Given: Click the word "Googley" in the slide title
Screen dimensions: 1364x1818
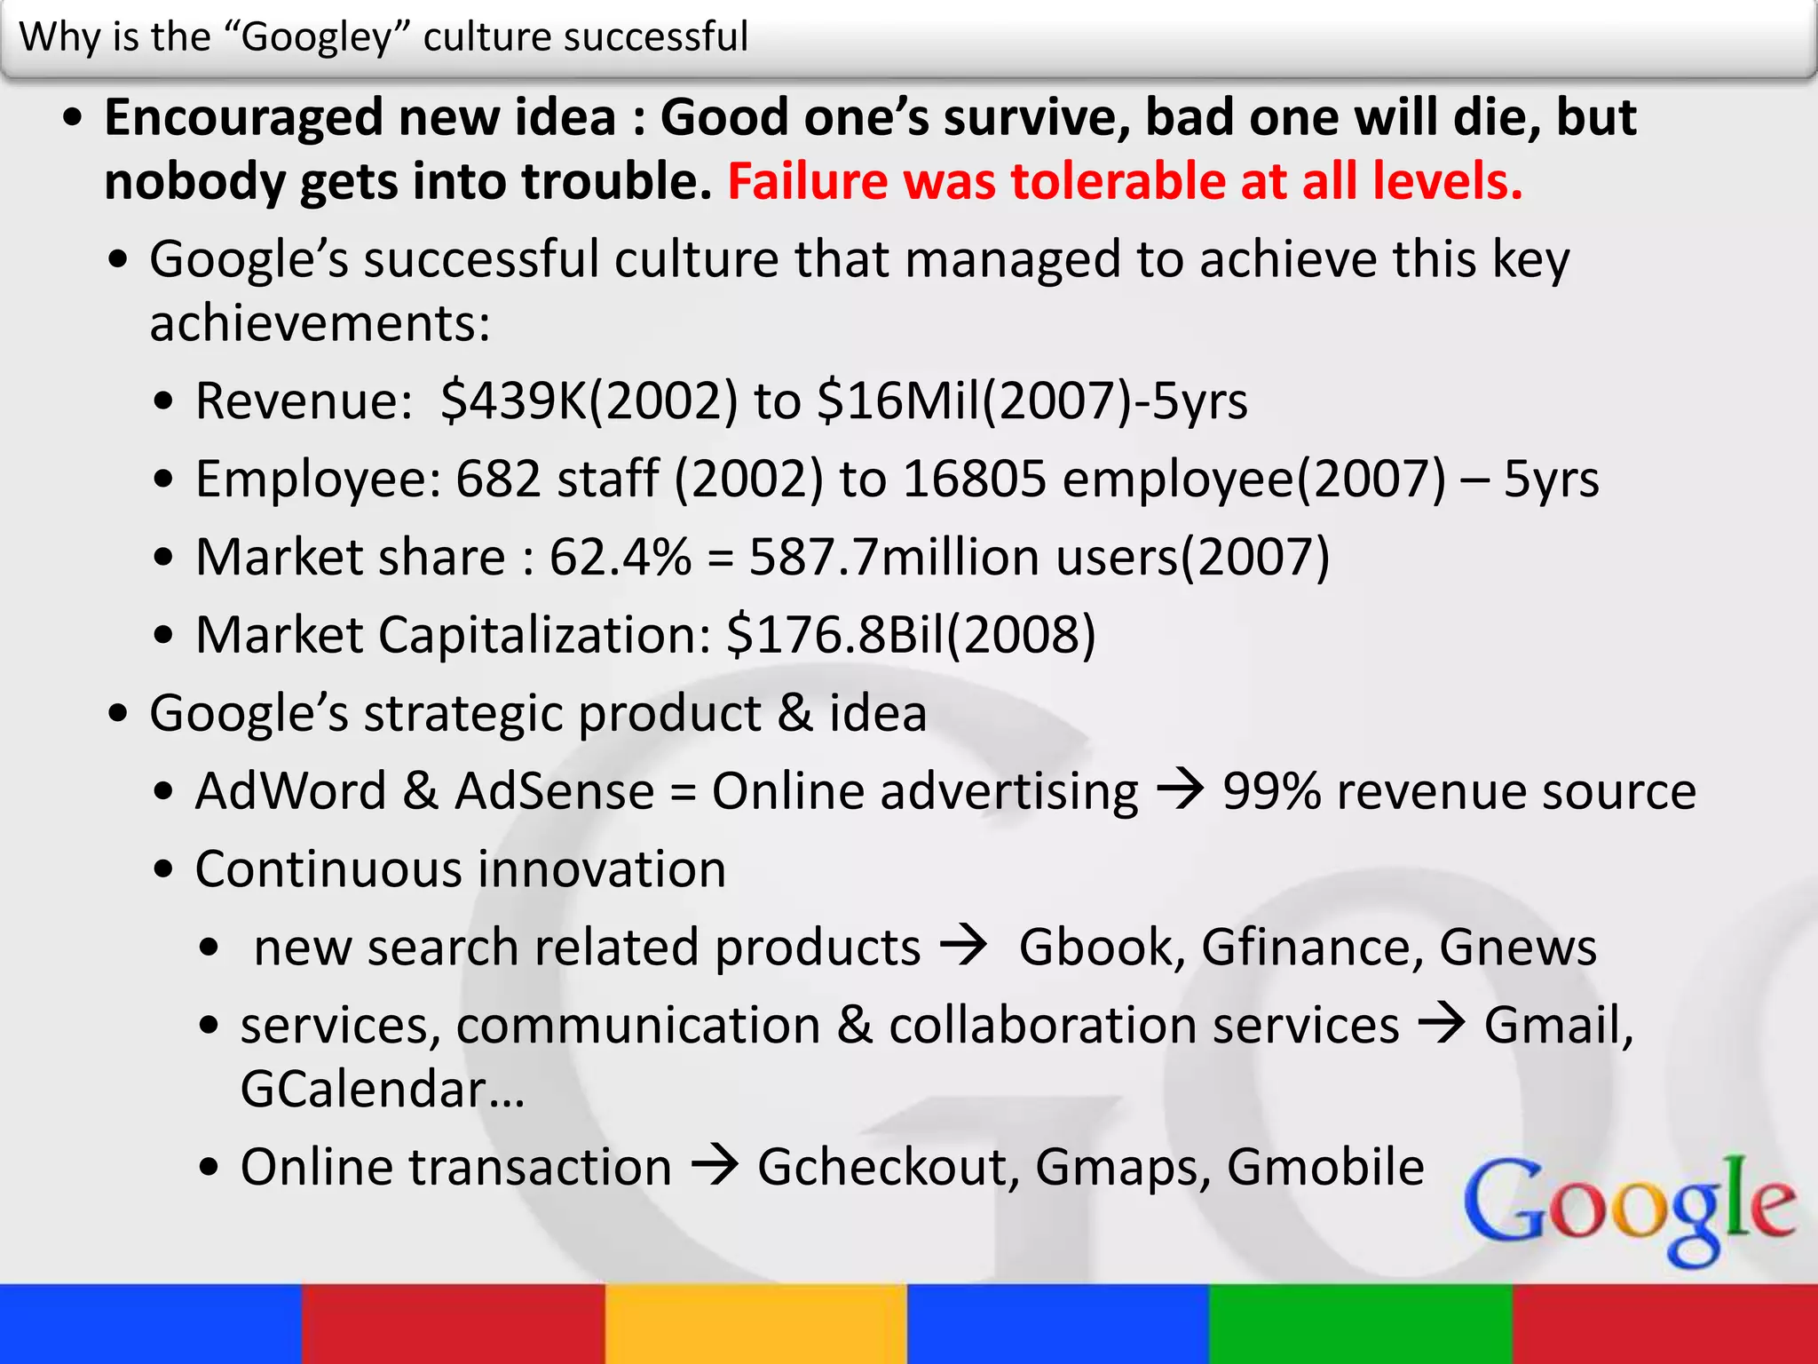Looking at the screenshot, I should click(316, 37).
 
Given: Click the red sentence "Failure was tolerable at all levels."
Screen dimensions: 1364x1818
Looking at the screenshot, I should click(1125, 181).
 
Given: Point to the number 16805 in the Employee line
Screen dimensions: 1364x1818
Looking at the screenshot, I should click(975, 479).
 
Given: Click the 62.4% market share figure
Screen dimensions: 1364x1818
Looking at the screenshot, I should click(620, 557).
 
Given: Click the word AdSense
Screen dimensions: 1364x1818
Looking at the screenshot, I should click(554, 791).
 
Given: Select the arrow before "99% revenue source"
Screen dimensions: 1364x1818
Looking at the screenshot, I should click(1180, 789).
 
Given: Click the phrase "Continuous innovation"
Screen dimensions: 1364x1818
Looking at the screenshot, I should click(460, 868).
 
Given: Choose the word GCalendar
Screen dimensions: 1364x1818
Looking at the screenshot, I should click(364, 1089).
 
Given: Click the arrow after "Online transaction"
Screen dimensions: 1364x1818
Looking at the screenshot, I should click(715, 1165).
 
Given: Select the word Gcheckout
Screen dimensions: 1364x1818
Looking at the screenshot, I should click(888, 1167).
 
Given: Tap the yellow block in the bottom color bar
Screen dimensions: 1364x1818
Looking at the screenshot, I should click(755, 1323).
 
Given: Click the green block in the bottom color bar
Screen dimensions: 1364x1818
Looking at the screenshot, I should click(1360, 1323).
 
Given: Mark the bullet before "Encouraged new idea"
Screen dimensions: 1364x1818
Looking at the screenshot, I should click(73, 118).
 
